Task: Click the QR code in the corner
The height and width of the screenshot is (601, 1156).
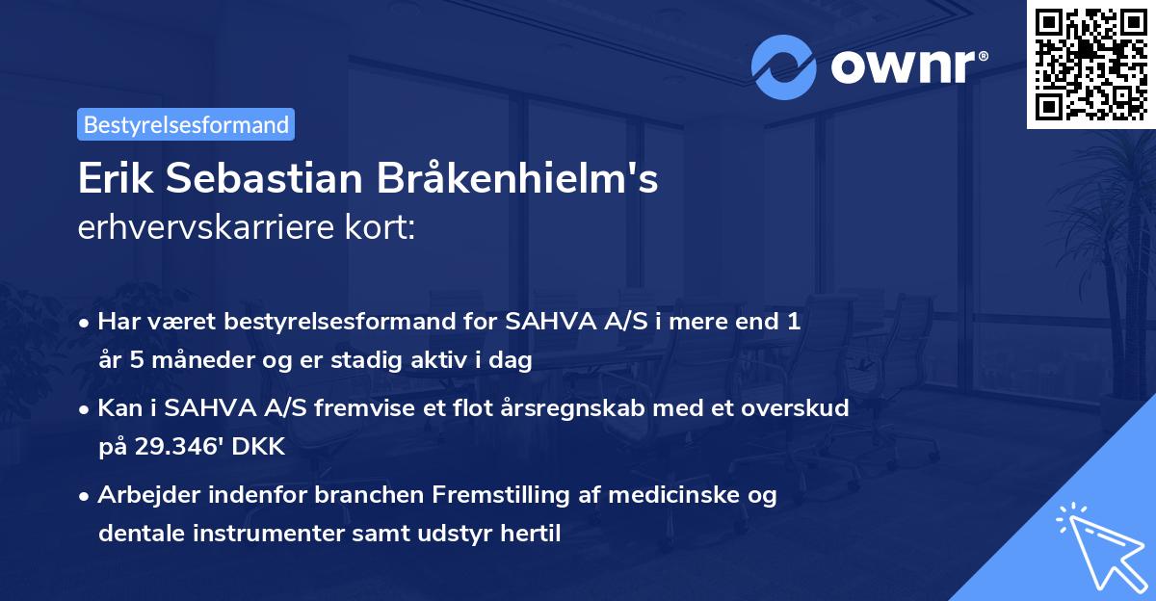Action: pos(1090,64)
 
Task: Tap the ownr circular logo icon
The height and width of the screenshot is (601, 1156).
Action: pos(784,66)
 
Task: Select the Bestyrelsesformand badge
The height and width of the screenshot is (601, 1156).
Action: pos(186,124)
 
